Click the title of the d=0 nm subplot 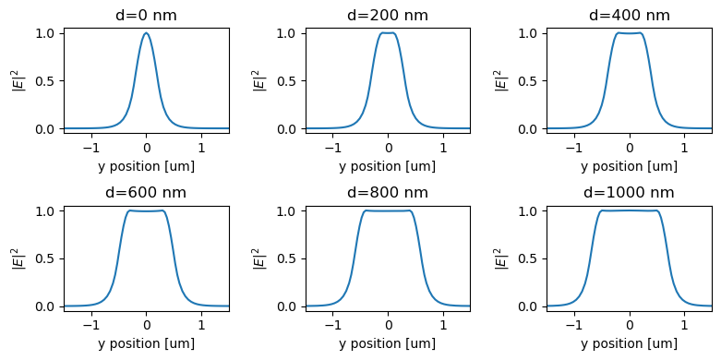coord(146,15)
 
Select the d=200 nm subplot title coord(388,15)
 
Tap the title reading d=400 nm coord(629,15)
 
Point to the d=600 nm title coord(146,193)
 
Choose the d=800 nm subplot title coord(388,193)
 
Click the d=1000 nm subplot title coord(629,193)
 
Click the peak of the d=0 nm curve coord(146,33)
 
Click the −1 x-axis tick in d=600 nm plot coord(90,325)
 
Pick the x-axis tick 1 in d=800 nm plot coord(443,325)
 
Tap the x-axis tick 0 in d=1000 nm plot coord(630,325)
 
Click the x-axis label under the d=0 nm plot coord(146,166)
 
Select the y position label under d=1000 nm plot coord(629,343)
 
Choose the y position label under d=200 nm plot coord(388,166)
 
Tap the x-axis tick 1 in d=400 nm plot coord(684,148)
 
